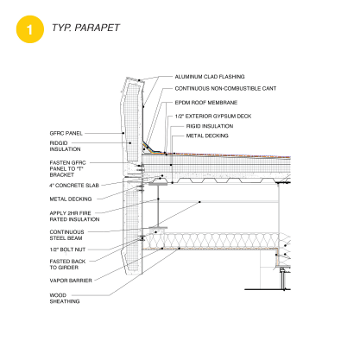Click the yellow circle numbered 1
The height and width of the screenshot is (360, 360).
tap(30, 29)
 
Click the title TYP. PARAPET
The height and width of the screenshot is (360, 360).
tap(85, 28)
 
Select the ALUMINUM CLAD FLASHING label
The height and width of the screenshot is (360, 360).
tap(210, 77)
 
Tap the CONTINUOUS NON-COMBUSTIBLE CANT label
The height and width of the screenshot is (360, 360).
tap(225, 88)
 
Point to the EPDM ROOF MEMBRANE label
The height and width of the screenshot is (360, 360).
tap(206, 103)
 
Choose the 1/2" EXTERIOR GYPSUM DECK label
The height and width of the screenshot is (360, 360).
tap(213, 117)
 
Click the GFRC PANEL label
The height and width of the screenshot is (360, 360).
tap(66, 133)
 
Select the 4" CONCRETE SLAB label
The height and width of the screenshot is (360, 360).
tap(74, 186)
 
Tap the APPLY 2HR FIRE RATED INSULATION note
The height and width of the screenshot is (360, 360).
tap(74, 216)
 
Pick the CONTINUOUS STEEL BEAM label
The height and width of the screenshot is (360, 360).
tap(66, 235)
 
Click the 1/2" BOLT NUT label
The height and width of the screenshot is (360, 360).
tap(67, 249)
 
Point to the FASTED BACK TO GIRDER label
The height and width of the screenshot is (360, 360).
tap(67, 264)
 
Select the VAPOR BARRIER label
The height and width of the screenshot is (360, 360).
tap(71, 281)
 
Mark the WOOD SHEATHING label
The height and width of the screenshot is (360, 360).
tap(65, 298)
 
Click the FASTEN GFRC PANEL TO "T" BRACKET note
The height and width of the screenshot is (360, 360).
tap(67, 168)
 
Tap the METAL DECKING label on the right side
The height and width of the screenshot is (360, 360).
tap(207, 136)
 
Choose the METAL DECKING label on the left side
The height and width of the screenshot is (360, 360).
tap(71, 199)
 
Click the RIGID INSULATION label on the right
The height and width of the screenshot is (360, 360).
tap(210, 126)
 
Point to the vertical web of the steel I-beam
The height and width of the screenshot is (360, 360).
tap(158, 205)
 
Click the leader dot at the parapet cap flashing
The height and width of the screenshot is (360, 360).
tap(139, 80)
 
